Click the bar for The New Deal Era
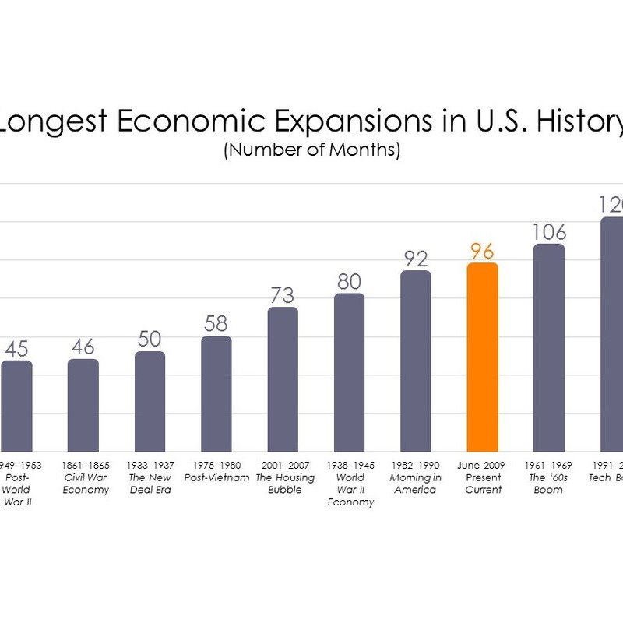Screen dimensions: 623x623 click(150, 401)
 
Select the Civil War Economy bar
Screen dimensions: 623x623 click(83, 405)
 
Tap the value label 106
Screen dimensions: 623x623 click(549, 232)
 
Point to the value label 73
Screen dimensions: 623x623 click(283, 295)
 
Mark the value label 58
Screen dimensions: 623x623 click(216, 324)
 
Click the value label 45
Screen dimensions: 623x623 click(16, 348)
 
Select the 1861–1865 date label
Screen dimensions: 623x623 click(83, 465)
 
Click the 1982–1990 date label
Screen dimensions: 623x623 click(416, 465)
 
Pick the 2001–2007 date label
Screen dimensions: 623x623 click(283, 465)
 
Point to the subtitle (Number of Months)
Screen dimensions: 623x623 click(311, 150)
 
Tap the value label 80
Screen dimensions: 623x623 click(350, 281)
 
